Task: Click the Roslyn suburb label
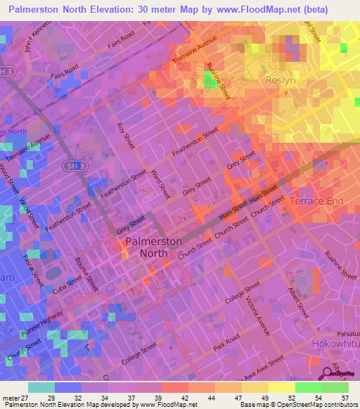click(282, 81)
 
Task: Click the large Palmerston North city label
click(153, 247)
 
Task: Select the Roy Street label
click(127, 135)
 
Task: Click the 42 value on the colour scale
click(181, 398)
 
